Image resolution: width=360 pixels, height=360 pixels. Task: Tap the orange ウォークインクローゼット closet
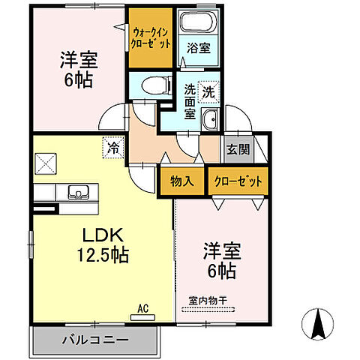tap(152, 38)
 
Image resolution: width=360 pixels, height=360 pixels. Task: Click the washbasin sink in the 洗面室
tap(211, 118)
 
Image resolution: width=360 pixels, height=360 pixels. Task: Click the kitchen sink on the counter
tap(77, 190)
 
